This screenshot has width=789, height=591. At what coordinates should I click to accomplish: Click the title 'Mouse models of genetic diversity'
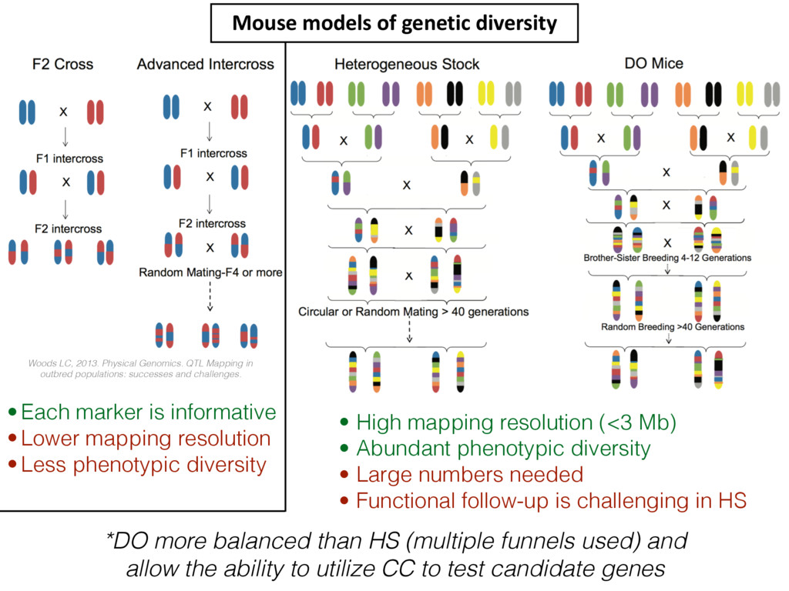coord(394,24)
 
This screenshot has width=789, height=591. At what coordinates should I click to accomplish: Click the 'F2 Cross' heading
coord(62,64)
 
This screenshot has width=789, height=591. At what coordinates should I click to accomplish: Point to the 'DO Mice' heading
coord(653,63)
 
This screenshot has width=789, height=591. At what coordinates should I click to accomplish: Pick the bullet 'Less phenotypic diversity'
coord(143,465)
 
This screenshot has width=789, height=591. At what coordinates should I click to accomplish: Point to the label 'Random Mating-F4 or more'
coord(210,272)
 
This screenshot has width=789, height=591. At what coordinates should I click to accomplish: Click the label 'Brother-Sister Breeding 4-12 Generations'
coord(667,258)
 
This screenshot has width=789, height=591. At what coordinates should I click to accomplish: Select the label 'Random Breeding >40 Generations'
coord(673,326)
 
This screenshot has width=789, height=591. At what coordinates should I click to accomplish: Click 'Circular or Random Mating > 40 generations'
coord(414,312)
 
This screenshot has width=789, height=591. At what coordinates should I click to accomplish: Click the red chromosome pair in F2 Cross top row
coord(96,112)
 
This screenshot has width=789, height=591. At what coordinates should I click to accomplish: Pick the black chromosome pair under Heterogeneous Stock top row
coord(455,94)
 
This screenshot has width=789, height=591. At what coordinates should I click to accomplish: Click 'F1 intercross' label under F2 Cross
coord(69,159)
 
